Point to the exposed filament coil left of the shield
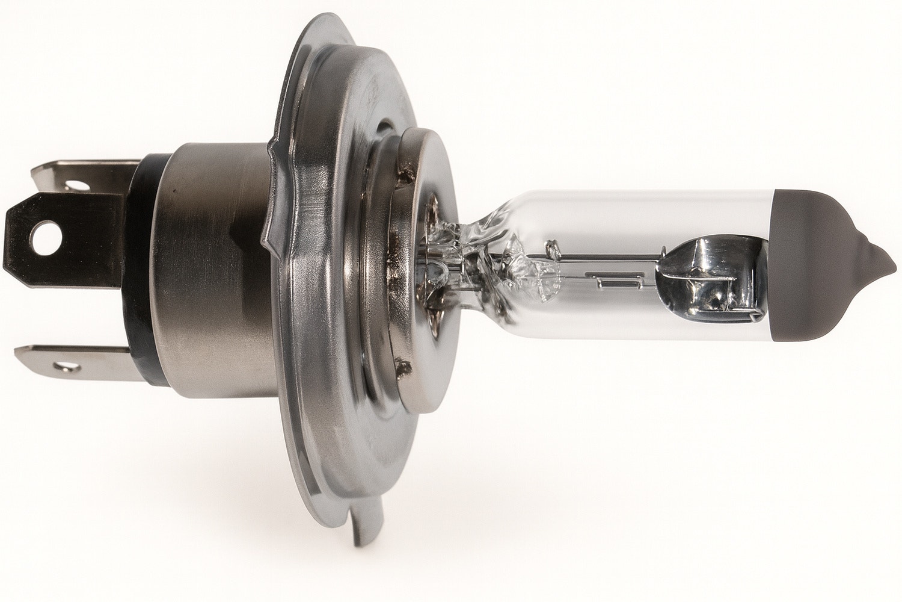tap(613, 280)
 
